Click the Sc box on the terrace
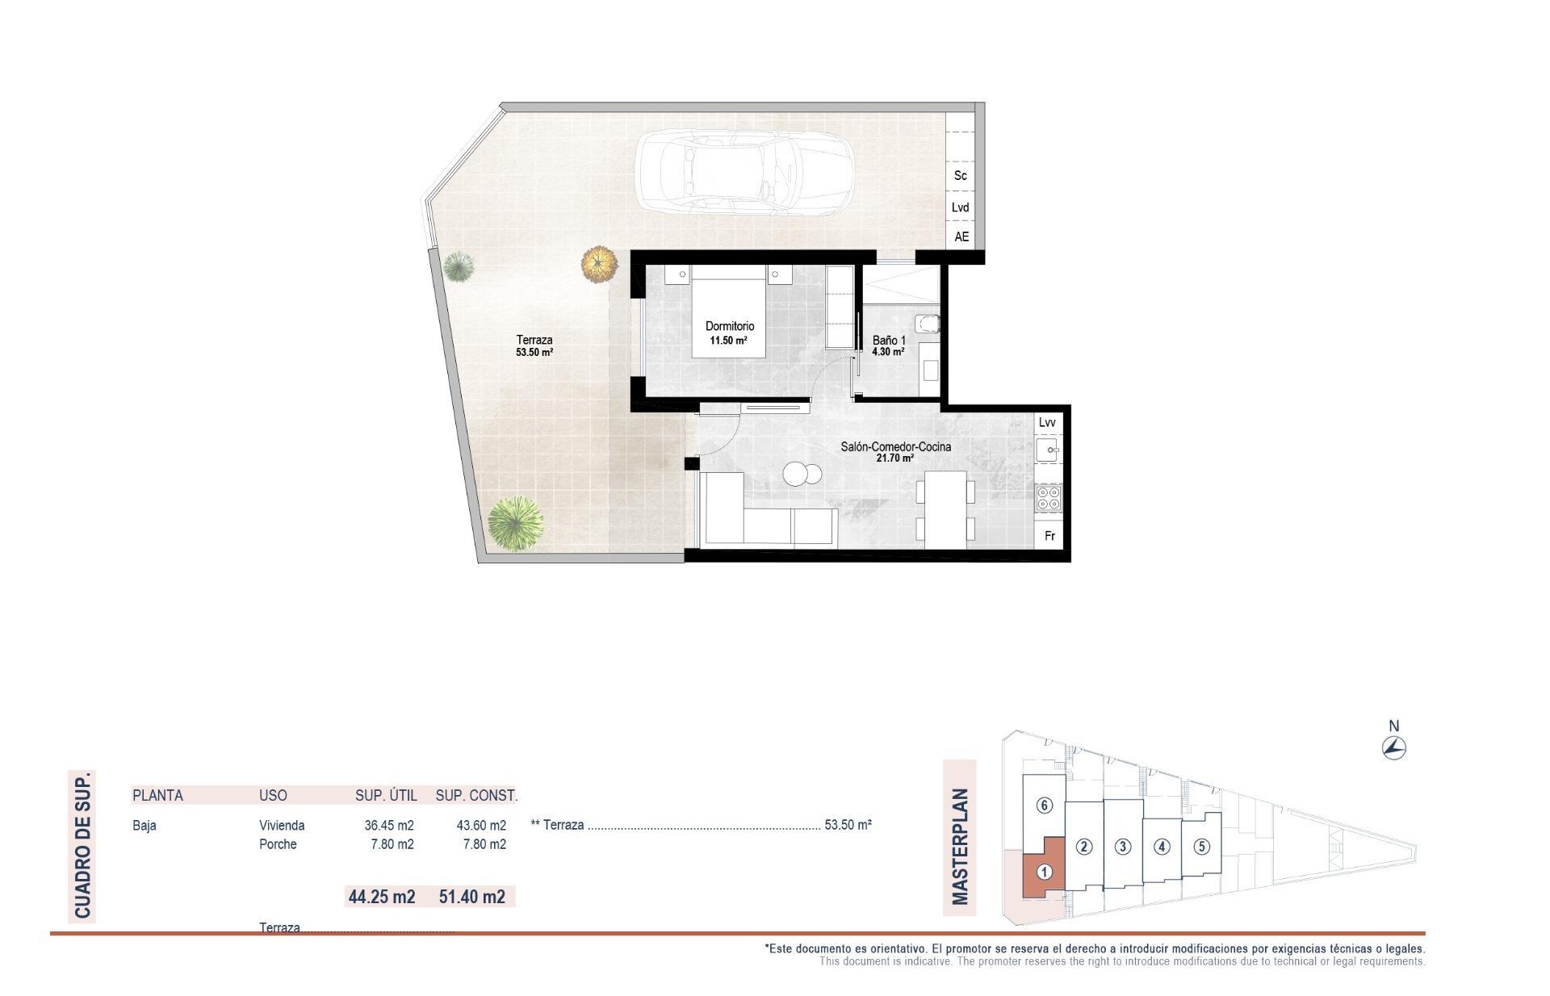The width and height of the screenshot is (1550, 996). click(x=961, y=175)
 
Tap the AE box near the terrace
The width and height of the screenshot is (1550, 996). click(x=961, y=236)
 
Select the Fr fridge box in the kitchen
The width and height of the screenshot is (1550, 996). click(x=1049, y=536)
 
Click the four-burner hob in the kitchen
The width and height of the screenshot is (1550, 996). click(x=1049, y=498)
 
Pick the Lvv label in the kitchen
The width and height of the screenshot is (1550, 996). click(x=1047, y=422)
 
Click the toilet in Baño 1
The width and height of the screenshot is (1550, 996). click(x=929, y=324)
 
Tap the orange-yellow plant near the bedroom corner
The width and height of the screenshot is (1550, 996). click(x=598, y=263)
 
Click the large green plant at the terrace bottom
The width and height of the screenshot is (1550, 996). click(x=515, y=523)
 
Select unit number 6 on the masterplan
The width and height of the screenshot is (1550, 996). click(x=1044, y=805)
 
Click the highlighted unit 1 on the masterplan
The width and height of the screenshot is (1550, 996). click(x=1044, y=873)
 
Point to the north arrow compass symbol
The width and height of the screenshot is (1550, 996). click(x=1393, y=748)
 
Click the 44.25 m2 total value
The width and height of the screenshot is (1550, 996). click(x=381, y=896)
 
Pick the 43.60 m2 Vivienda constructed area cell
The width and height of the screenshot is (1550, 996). click(x=481, y=825)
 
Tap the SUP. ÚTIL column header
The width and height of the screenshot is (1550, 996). click(x=386, y=795)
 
